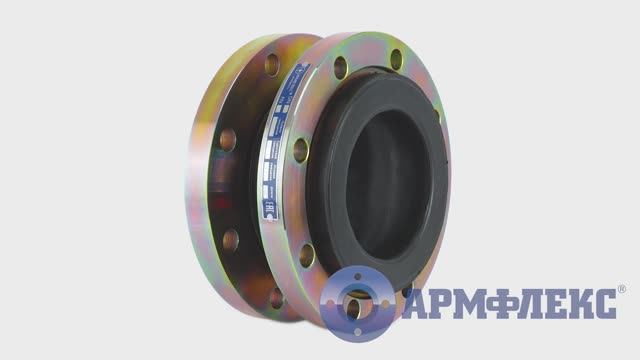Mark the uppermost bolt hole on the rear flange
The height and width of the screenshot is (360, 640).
coord(271,67)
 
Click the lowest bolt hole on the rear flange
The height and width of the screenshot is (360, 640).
coord(275,297)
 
